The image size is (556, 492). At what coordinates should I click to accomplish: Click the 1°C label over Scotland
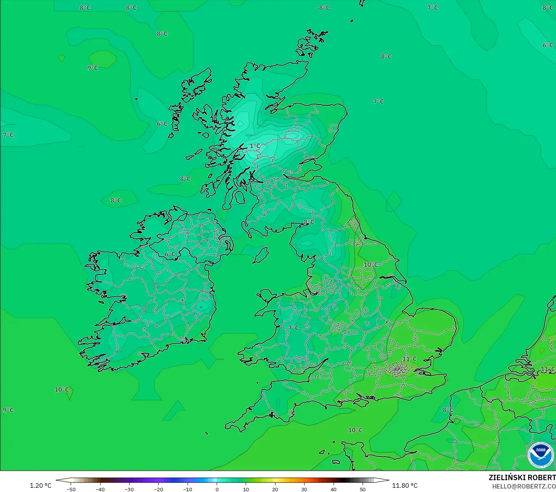click(255, 146)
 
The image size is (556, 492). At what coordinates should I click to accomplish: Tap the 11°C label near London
click(409, 359)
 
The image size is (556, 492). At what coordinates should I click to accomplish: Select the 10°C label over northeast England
click(371, 265)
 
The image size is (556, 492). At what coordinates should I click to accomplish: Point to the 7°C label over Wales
click(293, 328)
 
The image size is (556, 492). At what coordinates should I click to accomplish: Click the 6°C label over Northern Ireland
click(170, 254)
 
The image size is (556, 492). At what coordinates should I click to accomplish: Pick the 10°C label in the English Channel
click(355, 430)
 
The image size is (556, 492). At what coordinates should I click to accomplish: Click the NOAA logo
click(540, 455)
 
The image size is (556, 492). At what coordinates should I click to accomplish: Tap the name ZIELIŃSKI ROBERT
click(522, 478)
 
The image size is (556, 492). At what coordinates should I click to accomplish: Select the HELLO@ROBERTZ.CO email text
click(524, 486)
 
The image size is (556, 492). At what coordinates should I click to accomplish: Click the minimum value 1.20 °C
click(41, 486)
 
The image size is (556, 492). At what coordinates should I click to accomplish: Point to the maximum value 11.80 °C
click(405, 486)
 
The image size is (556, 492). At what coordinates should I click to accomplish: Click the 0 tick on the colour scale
click(217, 489)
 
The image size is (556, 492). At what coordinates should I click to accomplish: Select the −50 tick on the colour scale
click(71, 489)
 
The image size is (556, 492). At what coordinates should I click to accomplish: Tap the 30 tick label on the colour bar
click(304, 489)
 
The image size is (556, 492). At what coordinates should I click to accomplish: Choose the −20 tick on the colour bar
click(158, 489)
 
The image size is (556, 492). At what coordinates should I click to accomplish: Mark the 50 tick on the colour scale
click(362, 489)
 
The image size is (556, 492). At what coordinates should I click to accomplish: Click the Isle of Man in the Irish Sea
click(261, 255)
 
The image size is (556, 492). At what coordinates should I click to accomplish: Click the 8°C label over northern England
click(309, 222)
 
